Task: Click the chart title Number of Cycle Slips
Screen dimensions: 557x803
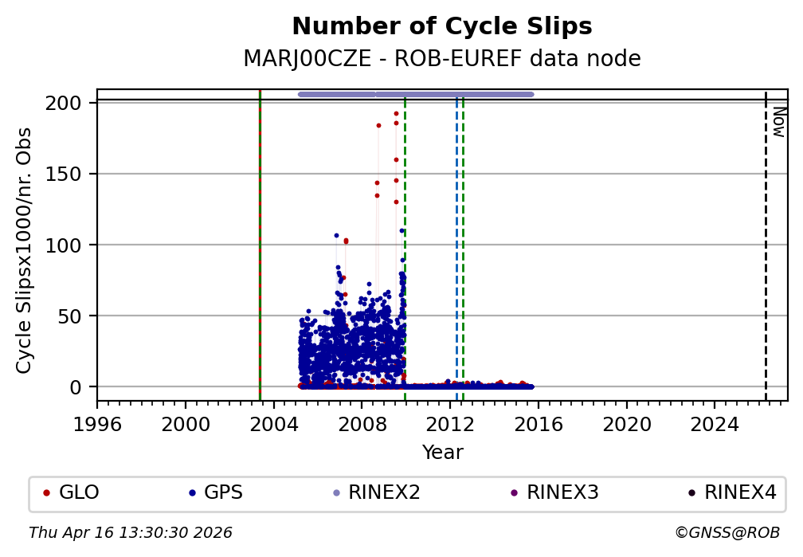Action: [442, 26]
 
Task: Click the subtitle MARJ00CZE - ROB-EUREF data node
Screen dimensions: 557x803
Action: [442, 58]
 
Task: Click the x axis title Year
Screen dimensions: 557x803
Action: [442, 453]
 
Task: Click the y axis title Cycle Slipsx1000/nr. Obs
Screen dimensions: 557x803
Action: [25, 250]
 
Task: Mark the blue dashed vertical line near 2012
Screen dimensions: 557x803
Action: [456, 239]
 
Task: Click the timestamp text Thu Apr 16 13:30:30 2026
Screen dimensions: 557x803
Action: [131, 532]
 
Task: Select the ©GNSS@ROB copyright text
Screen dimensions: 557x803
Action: [727, 532]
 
